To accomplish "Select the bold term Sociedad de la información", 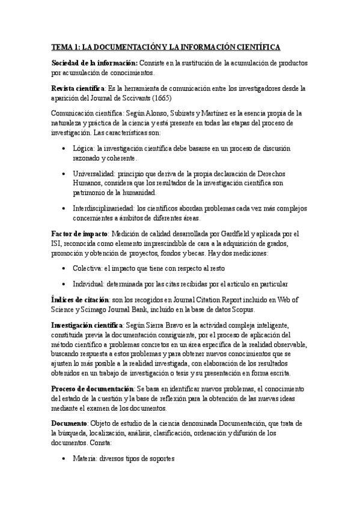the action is (x=94, y=63).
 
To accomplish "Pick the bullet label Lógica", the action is (x=82, y=147).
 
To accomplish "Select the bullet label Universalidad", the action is (x=94, y=173).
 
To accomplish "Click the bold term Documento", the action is (x=70, y=425).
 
